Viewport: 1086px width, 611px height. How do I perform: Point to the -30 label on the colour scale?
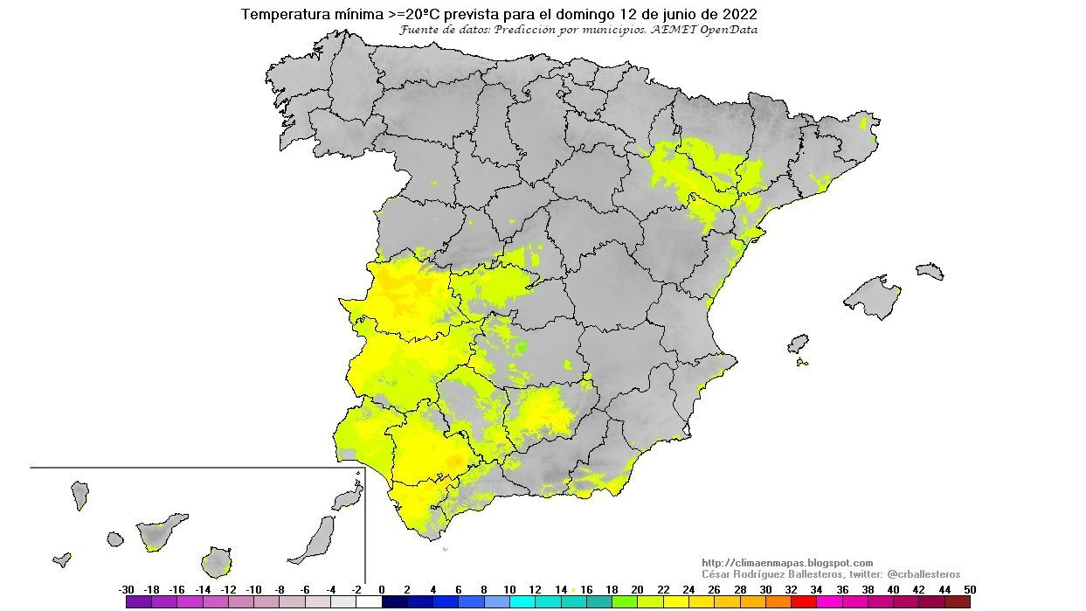click(x=127, y=589)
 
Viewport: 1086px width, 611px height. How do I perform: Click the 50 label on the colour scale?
click(x=970, y=589)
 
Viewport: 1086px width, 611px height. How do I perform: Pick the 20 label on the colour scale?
click(x=637, y=589)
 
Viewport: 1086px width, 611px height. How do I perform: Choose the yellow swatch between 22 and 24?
click(x=676, y=601)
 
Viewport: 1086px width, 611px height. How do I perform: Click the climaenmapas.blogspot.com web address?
click(x=787, y=563)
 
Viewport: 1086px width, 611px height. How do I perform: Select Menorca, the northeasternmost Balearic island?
click(x=930, y=271)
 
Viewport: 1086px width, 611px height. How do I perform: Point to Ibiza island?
click(x=798, y=344)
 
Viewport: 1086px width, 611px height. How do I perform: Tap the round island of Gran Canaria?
click(x=215, y=561)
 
